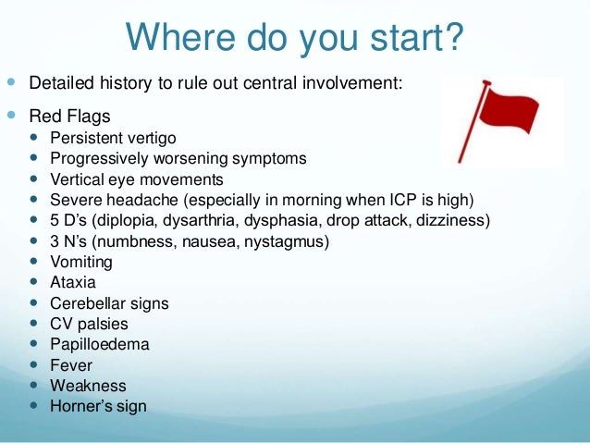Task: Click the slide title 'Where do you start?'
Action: (x=294, y=38)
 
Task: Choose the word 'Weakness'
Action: (x=88, y=386)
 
